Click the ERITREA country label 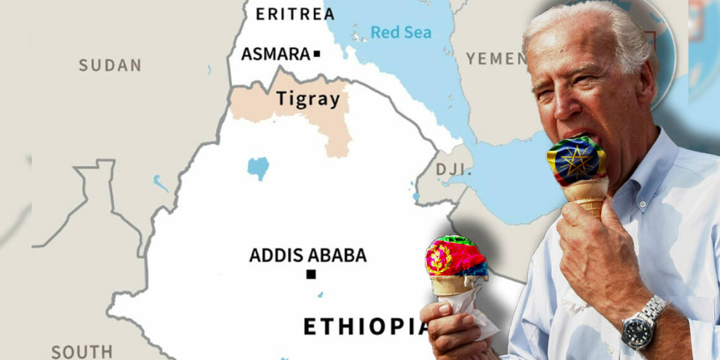tap(295, 13)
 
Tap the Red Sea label tap(400, 32)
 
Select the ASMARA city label tap(275, 54)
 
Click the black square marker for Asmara tap(317, 54)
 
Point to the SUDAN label tap(110, 65)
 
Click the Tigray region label tap(308, 99)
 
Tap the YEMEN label tap(496, 59)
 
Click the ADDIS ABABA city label tap(308, 256)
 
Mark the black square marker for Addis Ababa tap(311, 274)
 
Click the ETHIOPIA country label tap(366, 327)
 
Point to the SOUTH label tap(81, 352)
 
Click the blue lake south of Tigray tap(258, 168)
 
